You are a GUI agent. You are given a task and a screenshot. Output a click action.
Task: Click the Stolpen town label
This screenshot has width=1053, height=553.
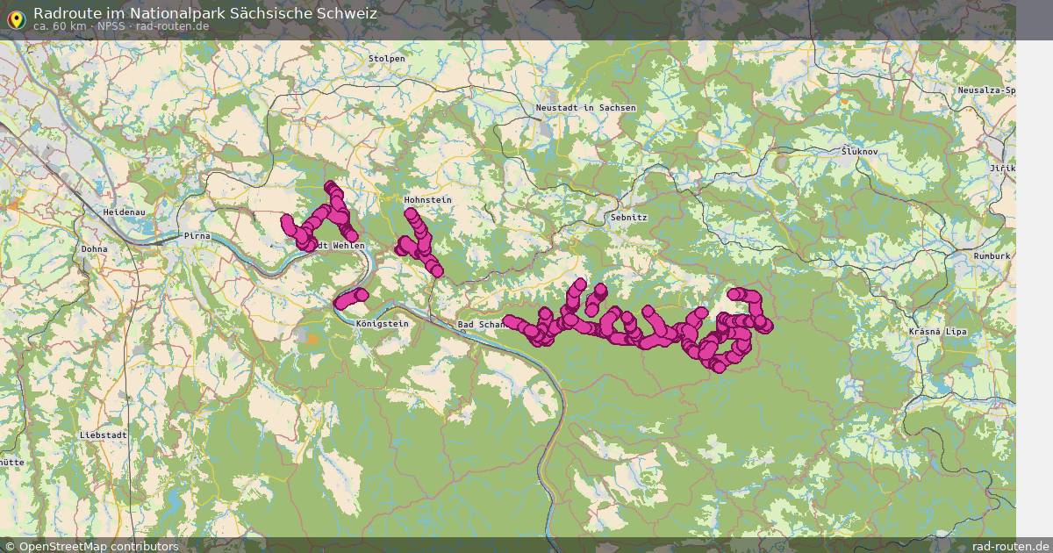(387, 59)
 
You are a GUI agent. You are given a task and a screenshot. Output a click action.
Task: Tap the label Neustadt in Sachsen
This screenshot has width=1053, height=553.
(585, 108)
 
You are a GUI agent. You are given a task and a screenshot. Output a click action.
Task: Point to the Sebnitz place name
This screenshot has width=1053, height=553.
(629, 217)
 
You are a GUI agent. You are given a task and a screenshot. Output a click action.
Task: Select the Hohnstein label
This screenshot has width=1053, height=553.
(428, 200)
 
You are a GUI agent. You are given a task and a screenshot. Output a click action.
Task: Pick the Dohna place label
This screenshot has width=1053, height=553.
(94, 249)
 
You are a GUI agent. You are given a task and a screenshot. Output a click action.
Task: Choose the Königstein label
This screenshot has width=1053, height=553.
(383, 324)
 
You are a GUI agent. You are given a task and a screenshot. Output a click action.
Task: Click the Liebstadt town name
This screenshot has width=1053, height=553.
(104, 435)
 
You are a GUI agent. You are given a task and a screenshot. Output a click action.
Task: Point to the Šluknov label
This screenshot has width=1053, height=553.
(860, 152)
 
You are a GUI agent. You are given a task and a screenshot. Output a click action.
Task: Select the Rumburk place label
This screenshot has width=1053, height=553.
(992, 255)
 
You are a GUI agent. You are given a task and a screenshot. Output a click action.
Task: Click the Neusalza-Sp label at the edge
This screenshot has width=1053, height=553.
(986, 90)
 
